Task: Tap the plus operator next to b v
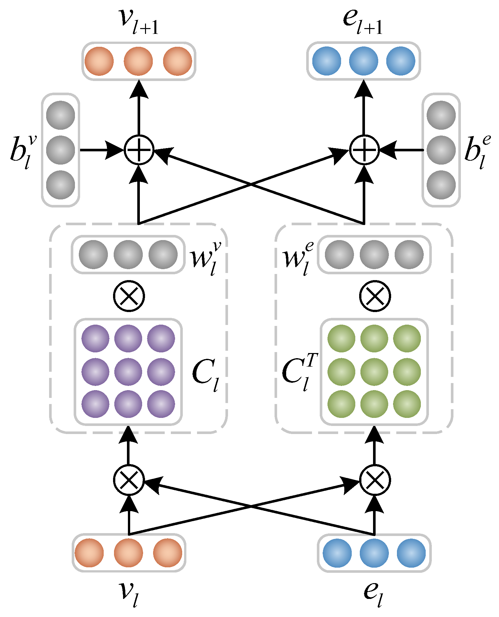coord(139,150)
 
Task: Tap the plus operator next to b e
coord(364,150)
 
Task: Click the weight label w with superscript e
coord(298,258)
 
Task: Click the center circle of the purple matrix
coord(128,371)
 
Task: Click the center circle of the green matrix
coord(374,371)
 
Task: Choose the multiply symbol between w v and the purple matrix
coord(129,296)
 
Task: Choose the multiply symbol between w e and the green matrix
coord(375,296)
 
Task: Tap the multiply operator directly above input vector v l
coord(129,480)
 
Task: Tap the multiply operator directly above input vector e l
coord(375,480)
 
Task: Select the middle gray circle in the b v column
coord(61,150)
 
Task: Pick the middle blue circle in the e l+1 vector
coord(364,61)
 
